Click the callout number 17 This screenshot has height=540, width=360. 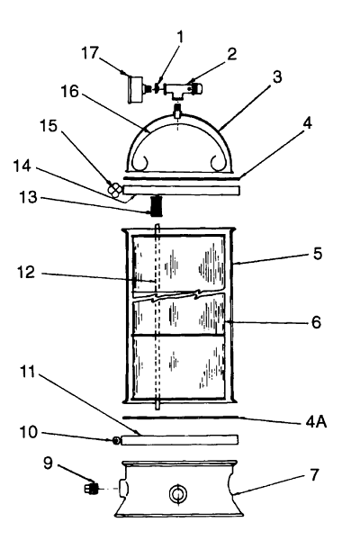point(90,53)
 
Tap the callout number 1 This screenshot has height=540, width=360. point(180,37)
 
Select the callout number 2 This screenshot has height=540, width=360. point(232,54)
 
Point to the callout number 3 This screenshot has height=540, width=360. point(277,77)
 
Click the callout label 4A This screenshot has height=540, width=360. point(316,421)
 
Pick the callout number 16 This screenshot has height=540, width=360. point(70,92)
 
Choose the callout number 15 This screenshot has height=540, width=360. point(49,126)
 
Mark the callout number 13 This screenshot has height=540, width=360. point(28,197)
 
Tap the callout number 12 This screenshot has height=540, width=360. point(26,273)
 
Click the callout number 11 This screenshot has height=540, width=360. point(28,373)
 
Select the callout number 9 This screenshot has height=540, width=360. point(49,463)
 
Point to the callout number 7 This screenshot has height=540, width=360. point(315,475)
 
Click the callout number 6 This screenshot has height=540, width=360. point(316,322)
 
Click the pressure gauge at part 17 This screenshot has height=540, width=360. point(135,89)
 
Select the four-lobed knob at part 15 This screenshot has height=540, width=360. point(114,190)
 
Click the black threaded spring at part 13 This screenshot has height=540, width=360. point(157,205)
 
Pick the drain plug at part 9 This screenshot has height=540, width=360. point(91,489)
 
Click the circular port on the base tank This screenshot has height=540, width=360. point(178,494)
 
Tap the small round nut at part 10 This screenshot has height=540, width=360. point(117,440)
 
